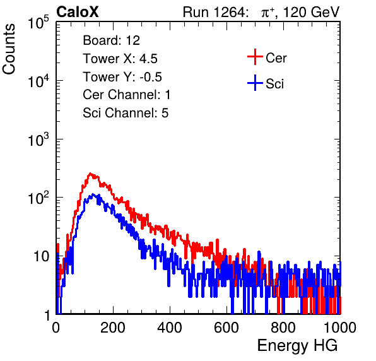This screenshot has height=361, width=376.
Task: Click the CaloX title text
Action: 78,12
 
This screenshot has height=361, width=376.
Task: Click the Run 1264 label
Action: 214,12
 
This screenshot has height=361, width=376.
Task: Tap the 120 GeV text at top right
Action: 312,12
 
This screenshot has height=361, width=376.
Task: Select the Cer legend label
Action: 276,58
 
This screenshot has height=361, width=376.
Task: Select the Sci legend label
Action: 274,84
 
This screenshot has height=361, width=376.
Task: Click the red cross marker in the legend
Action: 255,57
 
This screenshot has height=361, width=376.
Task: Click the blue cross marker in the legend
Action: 255,83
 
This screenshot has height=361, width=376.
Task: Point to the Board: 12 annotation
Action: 111,40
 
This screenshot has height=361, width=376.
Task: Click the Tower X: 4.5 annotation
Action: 120,59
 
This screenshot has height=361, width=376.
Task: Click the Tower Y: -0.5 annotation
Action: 122,77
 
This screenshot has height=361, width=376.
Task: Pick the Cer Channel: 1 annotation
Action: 126,95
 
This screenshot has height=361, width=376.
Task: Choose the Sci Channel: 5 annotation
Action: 126,113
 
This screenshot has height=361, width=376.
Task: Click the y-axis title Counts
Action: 9,49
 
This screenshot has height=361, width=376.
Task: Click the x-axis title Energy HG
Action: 297,346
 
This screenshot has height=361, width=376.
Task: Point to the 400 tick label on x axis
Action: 170,328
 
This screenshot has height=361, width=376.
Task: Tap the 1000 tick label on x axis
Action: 340,328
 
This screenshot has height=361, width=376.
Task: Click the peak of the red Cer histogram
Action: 90,173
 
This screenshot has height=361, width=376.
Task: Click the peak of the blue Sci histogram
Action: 93,194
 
